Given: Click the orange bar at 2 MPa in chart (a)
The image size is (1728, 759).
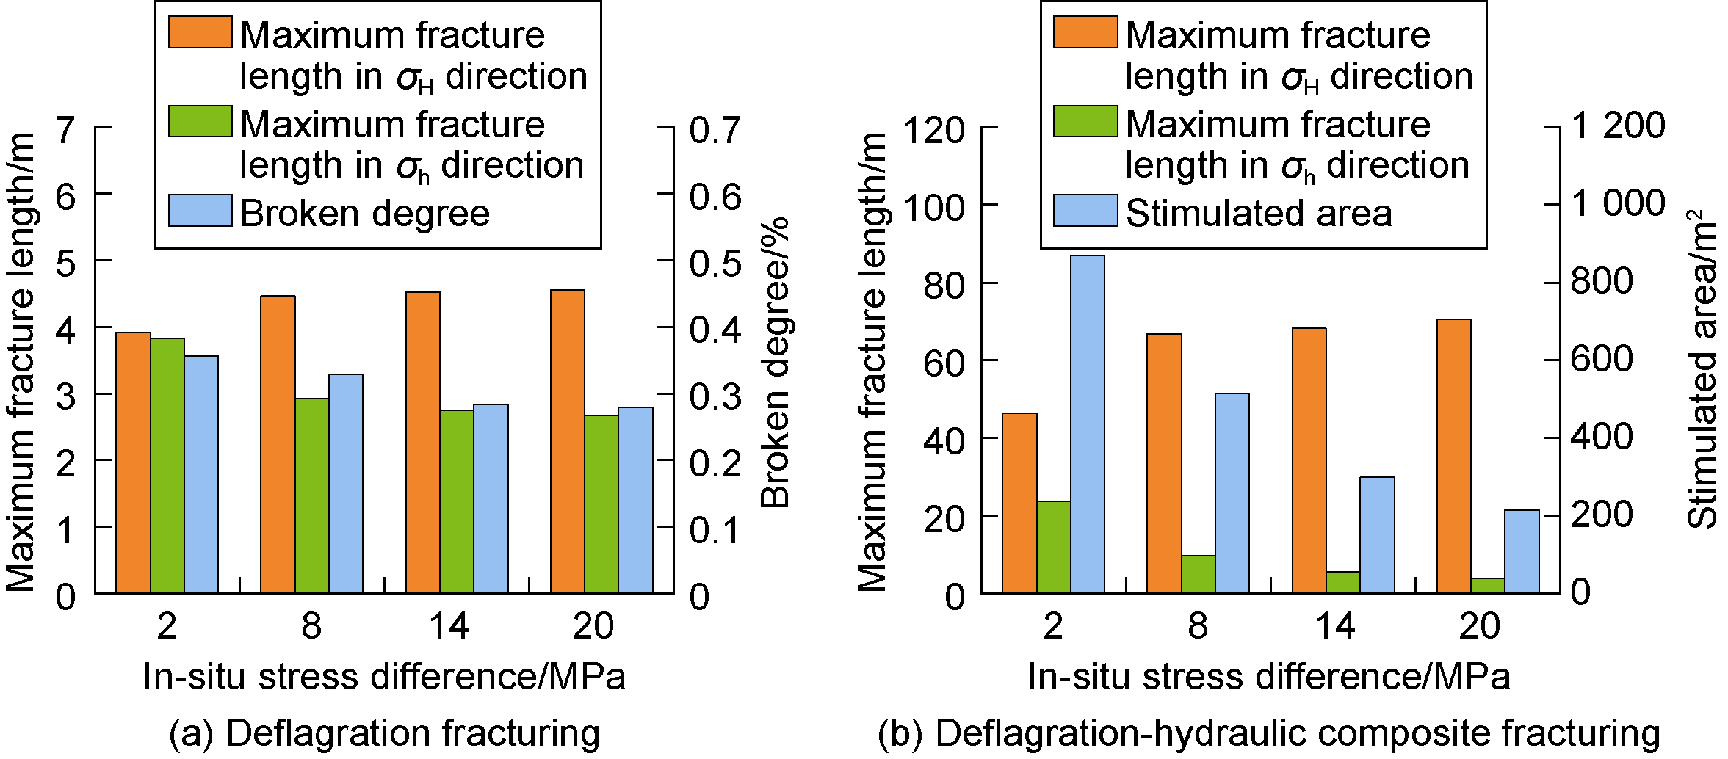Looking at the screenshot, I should point(133,462).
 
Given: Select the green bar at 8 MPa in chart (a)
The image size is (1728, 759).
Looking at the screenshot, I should point(312,495).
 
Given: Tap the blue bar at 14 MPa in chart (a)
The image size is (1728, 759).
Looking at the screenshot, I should point(491,498).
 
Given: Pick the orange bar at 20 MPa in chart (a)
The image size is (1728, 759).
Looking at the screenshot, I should point(568,441).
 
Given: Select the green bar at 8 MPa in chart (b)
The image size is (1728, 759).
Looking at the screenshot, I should point(1199,574).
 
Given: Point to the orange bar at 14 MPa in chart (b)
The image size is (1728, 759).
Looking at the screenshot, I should point(1309,460).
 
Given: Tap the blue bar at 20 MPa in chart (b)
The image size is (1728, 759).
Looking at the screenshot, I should point(1522,551).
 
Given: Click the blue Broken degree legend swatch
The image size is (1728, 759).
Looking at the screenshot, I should point(200,211).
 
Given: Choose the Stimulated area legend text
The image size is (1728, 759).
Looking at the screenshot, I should point(1259,214).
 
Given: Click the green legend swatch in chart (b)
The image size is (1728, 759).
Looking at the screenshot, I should point(1085,122).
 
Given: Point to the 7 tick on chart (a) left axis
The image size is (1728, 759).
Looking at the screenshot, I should point(66,130).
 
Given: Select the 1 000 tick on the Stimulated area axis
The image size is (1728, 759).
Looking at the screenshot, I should point(1618,203).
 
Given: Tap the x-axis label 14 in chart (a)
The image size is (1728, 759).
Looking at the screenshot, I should point(449,626).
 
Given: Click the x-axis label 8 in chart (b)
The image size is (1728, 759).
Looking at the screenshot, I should point(1198,626).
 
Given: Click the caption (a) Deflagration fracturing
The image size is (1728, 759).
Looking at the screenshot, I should point(384,733).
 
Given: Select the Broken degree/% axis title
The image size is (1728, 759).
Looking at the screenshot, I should point(775,363).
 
